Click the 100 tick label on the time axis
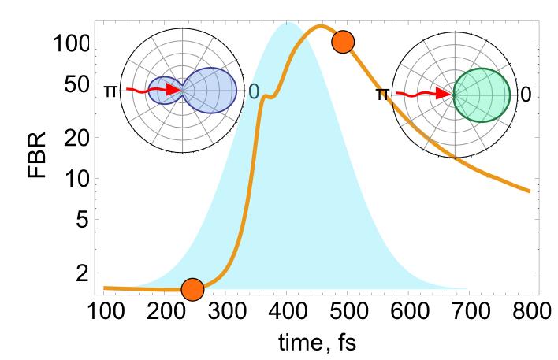[103, 311]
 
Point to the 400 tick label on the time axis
[288, 311]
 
